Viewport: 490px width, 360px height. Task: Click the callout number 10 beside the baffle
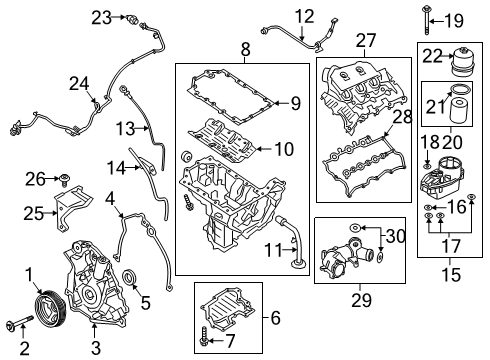coord(283,149)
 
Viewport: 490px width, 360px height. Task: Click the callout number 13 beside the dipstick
coord(125,128)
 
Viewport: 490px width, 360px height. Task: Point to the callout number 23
coord(100,16)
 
